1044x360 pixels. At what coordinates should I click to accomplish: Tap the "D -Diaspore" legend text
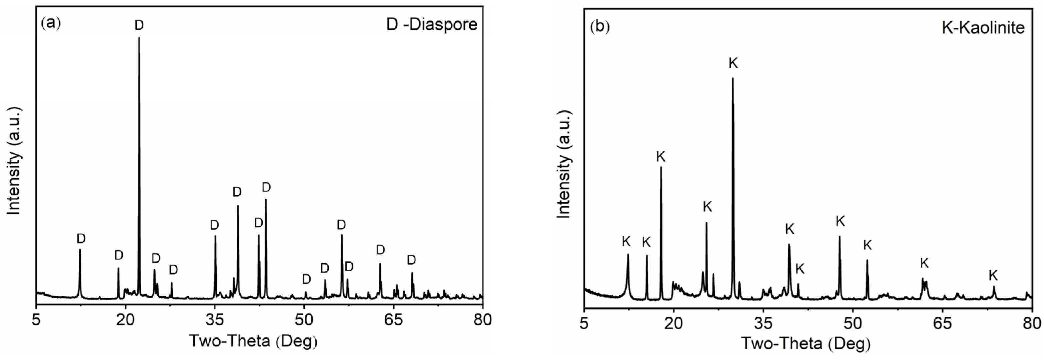[x=432, y=25]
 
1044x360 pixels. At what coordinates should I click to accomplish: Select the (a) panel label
[x=51, y=23]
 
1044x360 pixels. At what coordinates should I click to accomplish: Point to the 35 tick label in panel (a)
[x=214, y=320]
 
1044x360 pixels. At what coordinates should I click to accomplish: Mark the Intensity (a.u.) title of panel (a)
[x=14, y=161]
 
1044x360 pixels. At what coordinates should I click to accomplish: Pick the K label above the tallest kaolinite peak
[x=733, y=63]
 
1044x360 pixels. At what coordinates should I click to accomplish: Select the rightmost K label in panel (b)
[x=993, y=276]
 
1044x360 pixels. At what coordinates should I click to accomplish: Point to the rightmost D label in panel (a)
[x=411, y=260]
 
